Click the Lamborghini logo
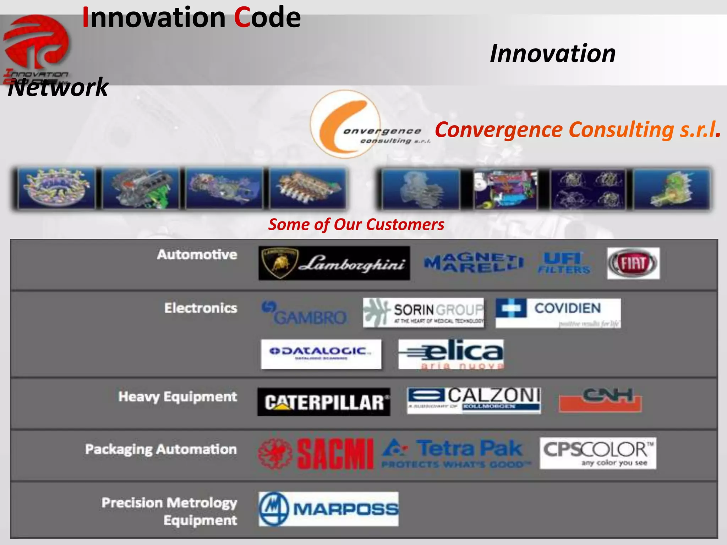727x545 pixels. [x=334, y=263]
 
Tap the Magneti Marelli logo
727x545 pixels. [x=474, y=263]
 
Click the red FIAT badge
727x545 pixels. [x=633, y=263]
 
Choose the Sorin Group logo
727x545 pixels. [x=423, y=313]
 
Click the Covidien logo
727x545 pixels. [x=558, y=313]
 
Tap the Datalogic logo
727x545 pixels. [x=321, y=354]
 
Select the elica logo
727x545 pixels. [x=451, y=354]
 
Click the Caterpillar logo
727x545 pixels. [x=324, y=402]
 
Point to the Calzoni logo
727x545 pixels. [x=474, y=400]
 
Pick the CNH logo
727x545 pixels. [x=600, y=400]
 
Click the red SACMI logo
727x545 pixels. [x=316, y=453]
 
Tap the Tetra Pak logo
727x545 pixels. [x=456, y=453]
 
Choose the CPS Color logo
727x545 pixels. [x=598, y=453]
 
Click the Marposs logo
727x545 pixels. [x=328, y=508]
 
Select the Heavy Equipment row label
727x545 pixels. [x=177, y=397]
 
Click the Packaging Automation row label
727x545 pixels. [x=161, y=449]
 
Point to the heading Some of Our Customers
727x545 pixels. [x=356, y=225]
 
